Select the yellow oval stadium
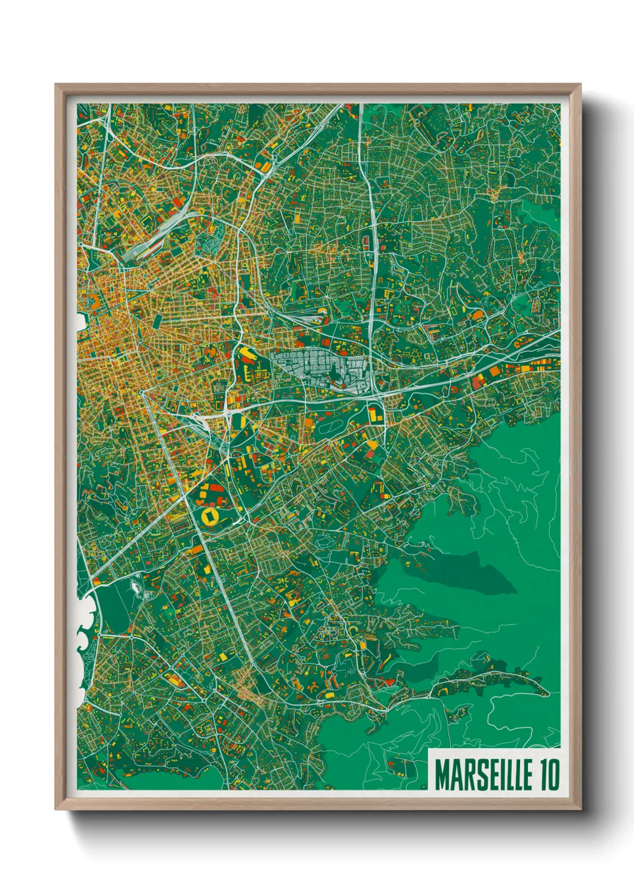click(x=211, y=517)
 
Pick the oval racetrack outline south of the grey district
click(x=331, y=428)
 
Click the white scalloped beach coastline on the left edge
click(x=83, y=636)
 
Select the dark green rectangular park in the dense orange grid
click(x=156, y=321)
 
